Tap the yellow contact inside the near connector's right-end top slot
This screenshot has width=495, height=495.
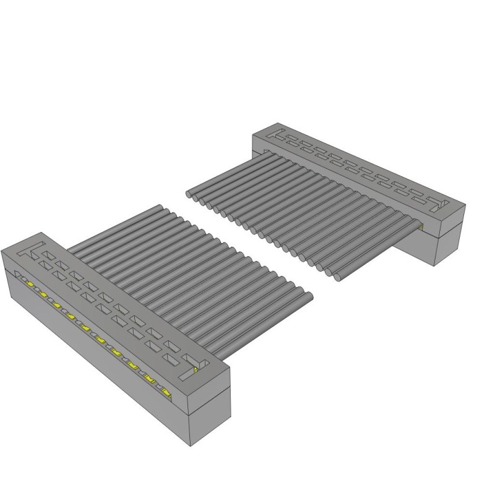[x=195, y=369]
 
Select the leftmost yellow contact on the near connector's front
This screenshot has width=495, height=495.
[x=30, y=283]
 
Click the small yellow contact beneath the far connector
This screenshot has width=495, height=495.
[x=421, y=226]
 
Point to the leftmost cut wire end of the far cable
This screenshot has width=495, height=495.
[x=189, y=194]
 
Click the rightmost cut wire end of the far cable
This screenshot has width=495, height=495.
[x=340, y=277]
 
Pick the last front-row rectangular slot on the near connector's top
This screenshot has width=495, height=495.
[x=168, y=357]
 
